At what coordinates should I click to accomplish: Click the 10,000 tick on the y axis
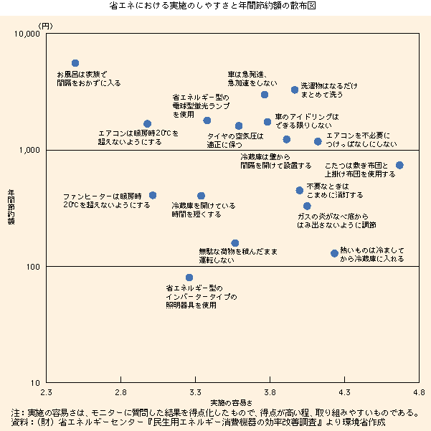(x=27, y=34)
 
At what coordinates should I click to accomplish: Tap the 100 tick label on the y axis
(x=34, y=267)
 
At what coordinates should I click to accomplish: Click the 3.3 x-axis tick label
(x=195, y=392)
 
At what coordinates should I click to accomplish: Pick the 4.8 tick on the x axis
(x=419, y=392)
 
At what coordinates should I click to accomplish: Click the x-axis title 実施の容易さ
(x=231, y=400)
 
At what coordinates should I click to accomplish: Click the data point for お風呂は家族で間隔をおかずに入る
(x=75, y=63)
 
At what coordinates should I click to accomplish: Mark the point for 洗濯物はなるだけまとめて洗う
(x=295, y=90)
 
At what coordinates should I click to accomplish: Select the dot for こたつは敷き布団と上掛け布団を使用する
(x=399, y=165)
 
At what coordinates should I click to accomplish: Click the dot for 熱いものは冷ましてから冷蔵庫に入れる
(x=334, y=253)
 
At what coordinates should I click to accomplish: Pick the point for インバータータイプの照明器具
(x=189, y=278)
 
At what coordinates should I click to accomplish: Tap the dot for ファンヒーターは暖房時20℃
(x=152, y=195)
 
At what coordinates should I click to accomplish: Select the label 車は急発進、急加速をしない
(x=247, y=79)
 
